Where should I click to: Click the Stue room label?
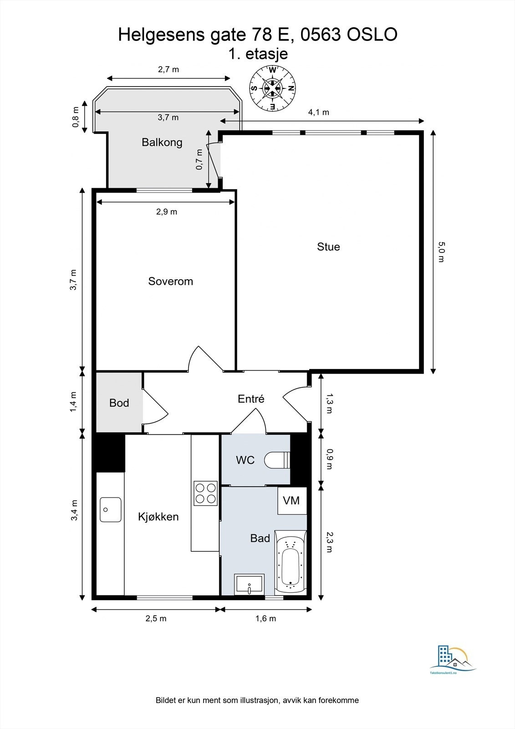328,247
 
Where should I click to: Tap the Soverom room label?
170,281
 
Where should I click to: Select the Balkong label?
162,142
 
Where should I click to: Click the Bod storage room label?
119,403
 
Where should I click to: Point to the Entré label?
251,399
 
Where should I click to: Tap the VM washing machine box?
291,500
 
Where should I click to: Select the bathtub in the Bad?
291,564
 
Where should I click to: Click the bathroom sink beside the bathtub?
249,585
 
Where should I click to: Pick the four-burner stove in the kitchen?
205,493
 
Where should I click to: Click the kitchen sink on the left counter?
111,509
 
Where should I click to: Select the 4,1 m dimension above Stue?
318,113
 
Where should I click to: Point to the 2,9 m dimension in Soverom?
167,211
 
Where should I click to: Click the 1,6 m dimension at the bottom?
265,618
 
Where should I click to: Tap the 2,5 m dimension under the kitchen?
156,618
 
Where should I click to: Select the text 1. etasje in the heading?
258,54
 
